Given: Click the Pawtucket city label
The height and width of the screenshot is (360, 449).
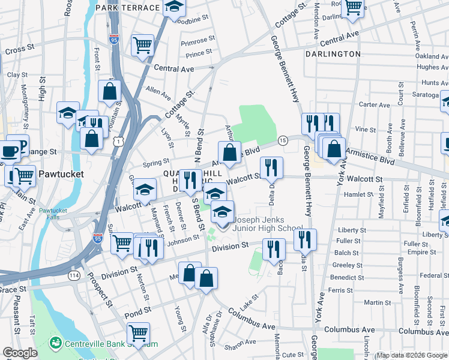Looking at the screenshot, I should [59, 174].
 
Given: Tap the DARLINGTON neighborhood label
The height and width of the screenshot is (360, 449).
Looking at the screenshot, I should [332, 54].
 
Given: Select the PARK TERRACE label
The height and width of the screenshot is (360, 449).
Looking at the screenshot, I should [127, 8].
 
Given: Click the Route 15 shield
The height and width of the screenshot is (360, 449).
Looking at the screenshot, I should [283, 140].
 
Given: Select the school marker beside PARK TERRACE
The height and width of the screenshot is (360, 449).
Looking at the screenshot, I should [174, 8].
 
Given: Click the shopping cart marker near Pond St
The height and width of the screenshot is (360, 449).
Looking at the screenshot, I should [139, 332].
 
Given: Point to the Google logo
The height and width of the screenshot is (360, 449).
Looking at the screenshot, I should [20, 353].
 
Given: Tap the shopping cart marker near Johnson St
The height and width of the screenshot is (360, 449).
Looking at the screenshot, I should [122, 242].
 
